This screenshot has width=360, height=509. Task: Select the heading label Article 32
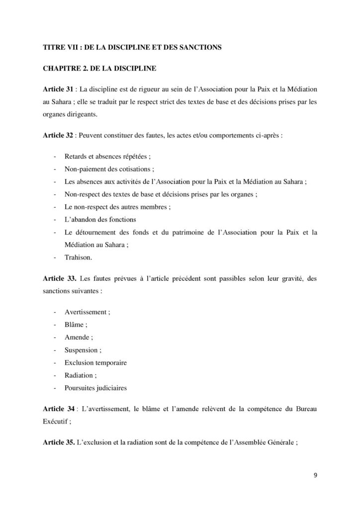click(57, 134)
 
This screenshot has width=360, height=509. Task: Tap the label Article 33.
click(58, 279)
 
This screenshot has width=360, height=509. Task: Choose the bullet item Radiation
click(79, 375)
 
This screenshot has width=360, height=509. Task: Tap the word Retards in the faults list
click(76, 156)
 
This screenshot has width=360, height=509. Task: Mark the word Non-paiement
click(85, 169)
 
